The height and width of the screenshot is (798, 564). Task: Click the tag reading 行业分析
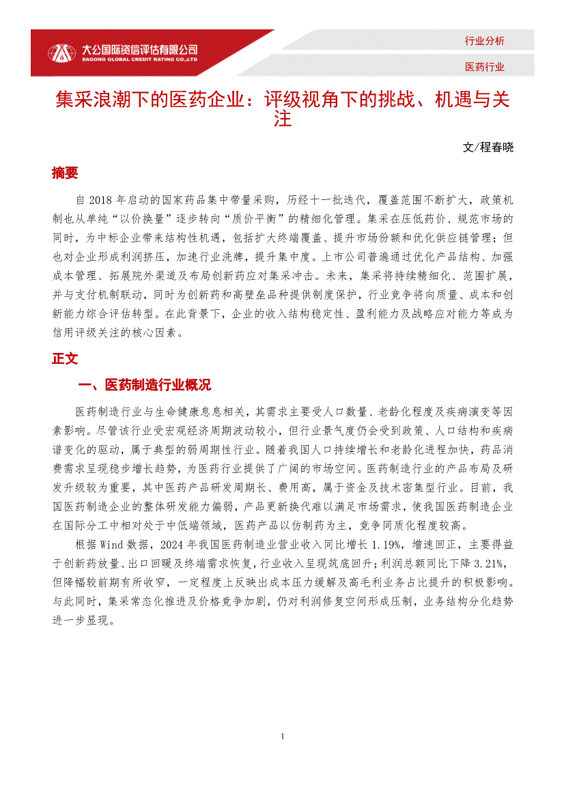(484, 41)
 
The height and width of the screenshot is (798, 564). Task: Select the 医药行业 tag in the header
(484, 66)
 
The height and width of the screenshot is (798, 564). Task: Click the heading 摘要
(65, 173)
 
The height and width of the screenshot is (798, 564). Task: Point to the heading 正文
(65, 359)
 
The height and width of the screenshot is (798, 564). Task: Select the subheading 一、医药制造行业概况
(145, 386)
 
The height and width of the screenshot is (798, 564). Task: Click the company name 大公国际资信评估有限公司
(139, 49)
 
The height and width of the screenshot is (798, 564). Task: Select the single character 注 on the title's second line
(282, 120)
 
